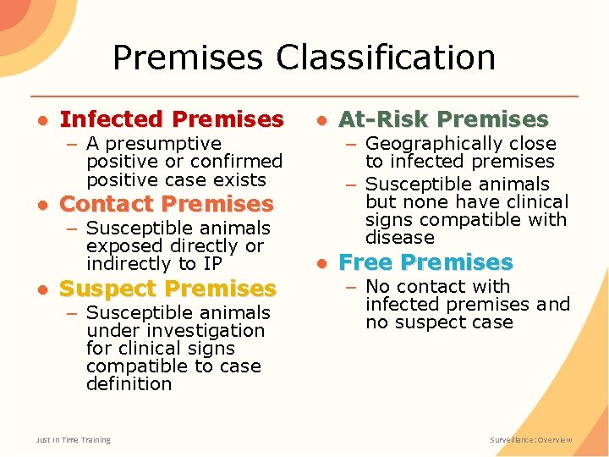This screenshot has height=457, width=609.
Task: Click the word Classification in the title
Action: coord(386,58)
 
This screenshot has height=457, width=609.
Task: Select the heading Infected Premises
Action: coord(172,119)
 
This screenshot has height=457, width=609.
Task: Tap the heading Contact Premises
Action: coord(167,204)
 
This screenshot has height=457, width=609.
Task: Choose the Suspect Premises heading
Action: coord(167,289)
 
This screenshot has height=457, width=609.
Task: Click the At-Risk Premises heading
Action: coord(443,119)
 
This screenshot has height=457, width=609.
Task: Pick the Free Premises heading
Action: coord(425,262)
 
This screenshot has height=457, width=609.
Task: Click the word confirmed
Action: coord(237,162)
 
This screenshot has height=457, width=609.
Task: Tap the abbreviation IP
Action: coord(211,264)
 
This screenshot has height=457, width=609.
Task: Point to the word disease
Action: coord(399,238)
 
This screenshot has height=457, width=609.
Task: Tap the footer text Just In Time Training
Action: coord(73,440)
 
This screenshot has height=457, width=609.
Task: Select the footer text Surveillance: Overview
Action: coord(531,440)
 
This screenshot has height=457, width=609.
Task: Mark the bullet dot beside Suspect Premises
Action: coord(41,289)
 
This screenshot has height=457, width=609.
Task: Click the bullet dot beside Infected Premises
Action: coord(41,120)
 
